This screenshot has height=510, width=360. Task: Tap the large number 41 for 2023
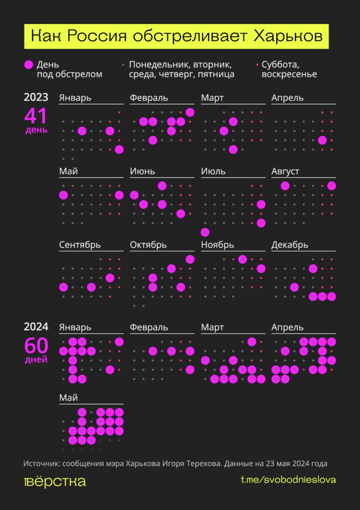point(36,116)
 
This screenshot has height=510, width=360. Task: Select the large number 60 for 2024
point(36,345)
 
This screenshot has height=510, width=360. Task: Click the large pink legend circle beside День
point(29,65)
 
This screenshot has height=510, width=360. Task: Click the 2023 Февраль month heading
point(149,98)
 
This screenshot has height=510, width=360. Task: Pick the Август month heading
point(285,171)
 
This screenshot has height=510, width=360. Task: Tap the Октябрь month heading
point(148,245)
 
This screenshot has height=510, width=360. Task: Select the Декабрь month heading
point(290,245)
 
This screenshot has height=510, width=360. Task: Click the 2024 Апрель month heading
point(287,327)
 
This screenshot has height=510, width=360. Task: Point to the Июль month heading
point(213,171)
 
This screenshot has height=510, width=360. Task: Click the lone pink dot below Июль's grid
point(205,232)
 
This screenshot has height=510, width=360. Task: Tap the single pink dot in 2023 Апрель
point(322,140)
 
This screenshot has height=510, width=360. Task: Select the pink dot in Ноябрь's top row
point(242,259)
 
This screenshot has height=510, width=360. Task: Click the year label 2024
point(36,327)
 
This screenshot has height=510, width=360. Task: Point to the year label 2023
point(36,97)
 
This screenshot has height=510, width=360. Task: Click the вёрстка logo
point(55,481)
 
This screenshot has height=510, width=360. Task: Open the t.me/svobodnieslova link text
point(288,480)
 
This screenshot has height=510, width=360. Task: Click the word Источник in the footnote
point(41,464)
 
